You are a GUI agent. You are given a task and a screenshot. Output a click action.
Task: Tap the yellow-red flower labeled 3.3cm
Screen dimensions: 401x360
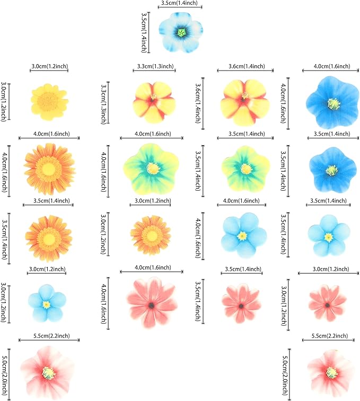153,100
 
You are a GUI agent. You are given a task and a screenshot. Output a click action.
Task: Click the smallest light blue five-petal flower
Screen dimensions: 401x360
46,304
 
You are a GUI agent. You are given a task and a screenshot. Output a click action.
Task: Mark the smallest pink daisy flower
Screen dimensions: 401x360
327,303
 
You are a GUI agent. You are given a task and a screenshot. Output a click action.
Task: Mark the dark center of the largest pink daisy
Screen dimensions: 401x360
152,306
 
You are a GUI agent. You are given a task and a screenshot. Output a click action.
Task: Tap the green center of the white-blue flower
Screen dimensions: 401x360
181,33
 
